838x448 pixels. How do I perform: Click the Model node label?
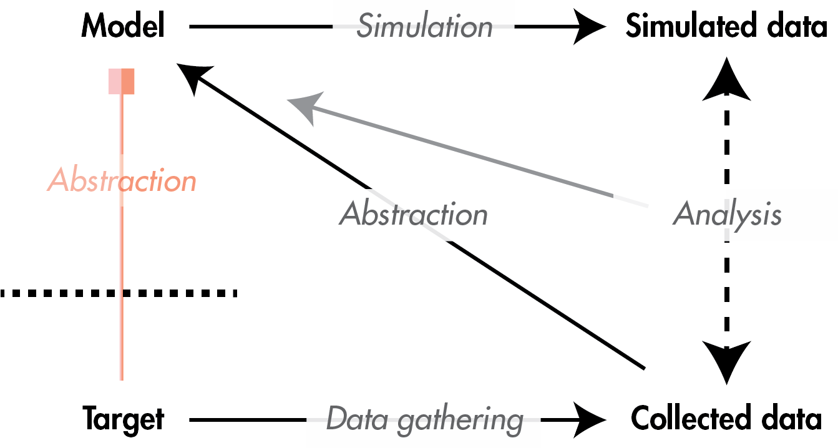(123, 26)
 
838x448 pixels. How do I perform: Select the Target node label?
(123, 419)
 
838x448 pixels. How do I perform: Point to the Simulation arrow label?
(424, 26)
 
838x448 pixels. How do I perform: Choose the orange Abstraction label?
(122, 181)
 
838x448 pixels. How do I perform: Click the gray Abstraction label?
(413, 215)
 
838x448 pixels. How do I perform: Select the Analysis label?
(727, 215)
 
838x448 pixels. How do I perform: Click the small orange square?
(121, 81)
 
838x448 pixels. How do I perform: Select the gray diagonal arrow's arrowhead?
(303, 107)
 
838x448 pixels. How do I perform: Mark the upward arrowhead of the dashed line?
(726, 78)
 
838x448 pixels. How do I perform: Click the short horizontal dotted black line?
(180, 293)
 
